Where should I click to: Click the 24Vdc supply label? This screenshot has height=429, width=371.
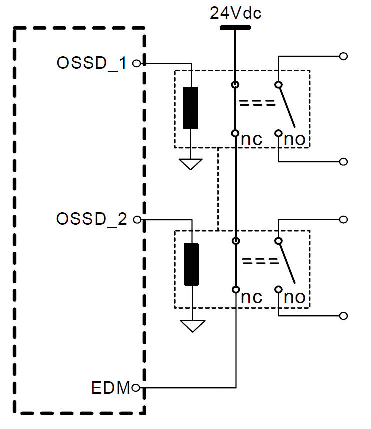pyautogui.click(x=235, y=13)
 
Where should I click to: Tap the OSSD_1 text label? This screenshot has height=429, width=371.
pyautogui.click(x=92, y=64)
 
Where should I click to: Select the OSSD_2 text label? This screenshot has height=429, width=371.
pyautogui.click(x=92, y=219)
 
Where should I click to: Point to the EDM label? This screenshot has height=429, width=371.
pyautogui.click(x=110, y=387)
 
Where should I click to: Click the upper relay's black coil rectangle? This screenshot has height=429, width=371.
pyautogui.click(x=191, y=108)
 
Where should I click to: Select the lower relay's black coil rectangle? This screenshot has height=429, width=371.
pyautogui.click(x=191, y=264)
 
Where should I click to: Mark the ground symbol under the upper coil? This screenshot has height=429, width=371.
pyautogui.click(x=191, y=164)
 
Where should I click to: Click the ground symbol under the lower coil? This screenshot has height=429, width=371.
pyautogui.click(x=191, y=326)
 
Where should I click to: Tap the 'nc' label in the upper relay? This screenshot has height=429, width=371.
pyautogui.click(x=251, y=140)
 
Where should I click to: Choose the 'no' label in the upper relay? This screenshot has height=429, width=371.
pyautogui.click(x=295, y=140)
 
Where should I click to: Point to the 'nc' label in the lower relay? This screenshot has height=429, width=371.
pyautogui.click(x=251, y=297)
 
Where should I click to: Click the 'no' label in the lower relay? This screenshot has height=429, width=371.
pyautogui.click(x=295, y=297)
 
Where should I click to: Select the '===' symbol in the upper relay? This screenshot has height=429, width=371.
pyautogui.click(x=257, y=103)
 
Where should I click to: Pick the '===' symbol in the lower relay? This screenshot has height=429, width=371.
pyautogui.click(x=260, y=261)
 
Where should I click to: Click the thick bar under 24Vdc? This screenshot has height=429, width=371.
pyautogui.click(x=235, y=28)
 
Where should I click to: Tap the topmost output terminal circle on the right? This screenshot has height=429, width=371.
pyautogui.click(x=343, y=56)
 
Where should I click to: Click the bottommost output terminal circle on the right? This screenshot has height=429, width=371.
pyautogui.click(x=343, y=316)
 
